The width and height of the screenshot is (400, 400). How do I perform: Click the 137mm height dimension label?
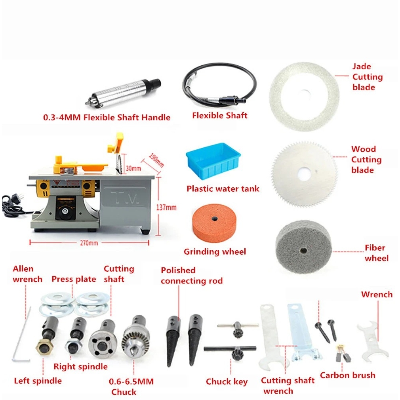pos(167,207)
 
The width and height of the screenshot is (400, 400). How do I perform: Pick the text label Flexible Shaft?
pos(220,116)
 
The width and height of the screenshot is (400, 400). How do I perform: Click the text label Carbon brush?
pos(347,375)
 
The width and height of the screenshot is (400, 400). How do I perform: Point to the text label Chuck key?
pos(227,382)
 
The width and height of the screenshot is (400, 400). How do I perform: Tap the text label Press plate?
pos(74,279)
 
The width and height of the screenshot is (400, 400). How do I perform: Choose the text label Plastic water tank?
pos(223,189)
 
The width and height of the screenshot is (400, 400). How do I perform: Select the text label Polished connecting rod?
pos(192,276)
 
